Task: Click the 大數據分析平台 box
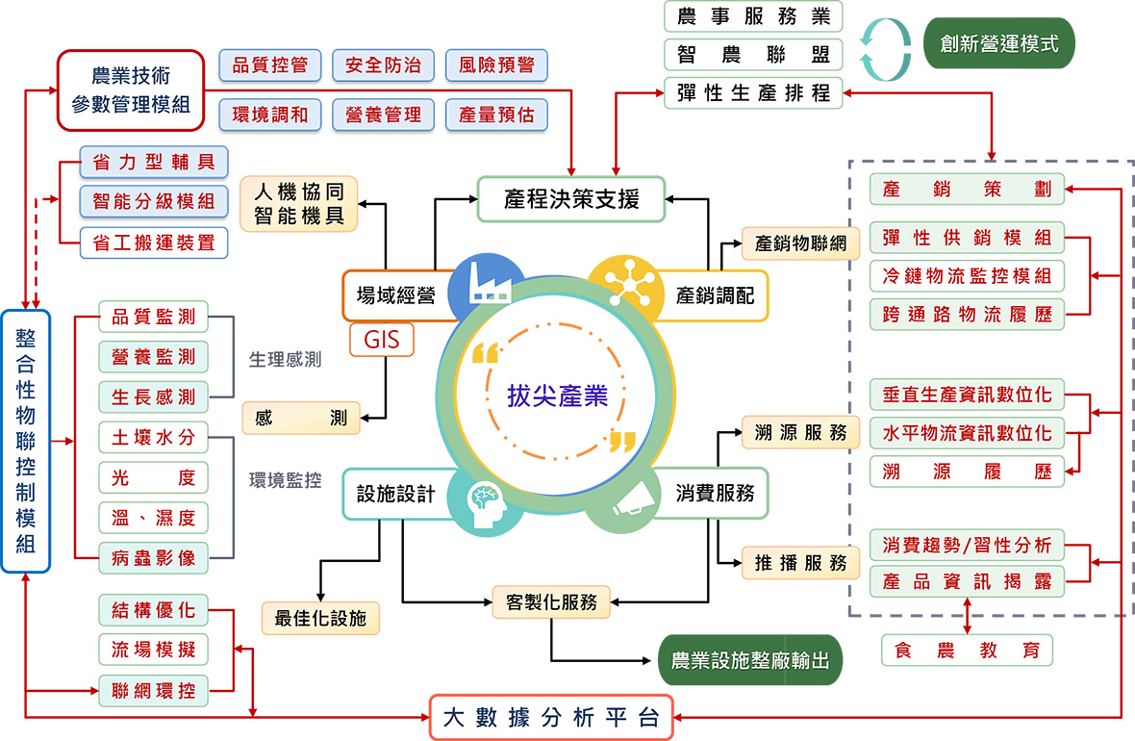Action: pyautogui.click(x=551, y=717)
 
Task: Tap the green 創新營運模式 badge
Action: pyautogui.click(x=999, y=43)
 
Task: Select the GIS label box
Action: pyautogui.click(x=382, y=339)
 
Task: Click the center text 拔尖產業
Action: pyautogui.click(x=557, y=396)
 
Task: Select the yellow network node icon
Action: pyautogui.click(x=628, y=286)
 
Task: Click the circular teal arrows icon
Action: pyautogui.click(x=885, y=49)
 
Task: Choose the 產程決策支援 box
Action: pyautogui.click(x=571, y=198)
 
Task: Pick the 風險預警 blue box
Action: pyautogui.click(x=496, y=65)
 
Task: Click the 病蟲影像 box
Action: pyautogui.click(x=154, y=558)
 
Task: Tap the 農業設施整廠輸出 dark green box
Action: pyautogui.click(x=750, y=660)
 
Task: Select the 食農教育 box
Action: pyautogui.click(x=967, y=650)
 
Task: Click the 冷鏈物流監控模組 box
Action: pyautogui.click(x=967, y=275)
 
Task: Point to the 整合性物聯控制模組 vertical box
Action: pyautogui.click(x=25, y=441)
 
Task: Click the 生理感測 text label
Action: pyautogui.click(x=286, y=359)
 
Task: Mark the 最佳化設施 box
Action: pyautogui.click(x=320, y=618)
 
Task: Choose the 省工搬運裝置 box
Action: pyautogui.click(x=154, y=243)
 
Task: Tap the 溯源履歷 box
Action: pyautogui.click(x=967, y=472)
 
